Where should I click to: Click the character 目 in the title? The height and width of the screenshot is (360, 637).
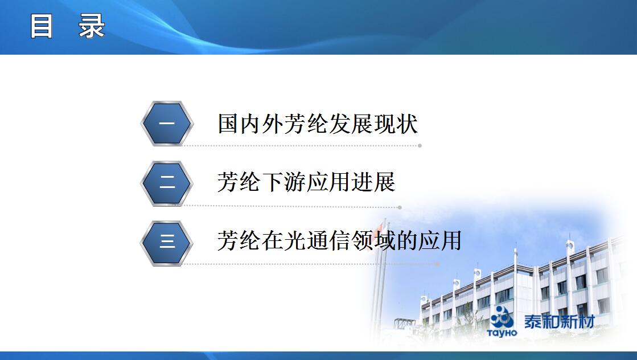[x=42, y=26]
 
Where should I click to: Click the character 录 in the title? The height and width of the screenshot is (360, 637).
[x=92, y=26]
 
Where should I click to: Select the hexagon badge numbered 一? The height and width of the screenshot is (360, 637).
[x=167, y=124]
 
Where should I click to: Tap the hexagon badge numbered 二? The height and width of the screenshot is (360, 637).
[x=167, y=183]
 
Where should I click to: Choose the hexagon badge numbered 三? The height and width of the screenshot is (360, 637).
[x=167, y=243]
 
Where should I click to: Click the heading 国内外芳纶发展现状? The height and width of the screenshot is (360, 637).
[x=318, y=124]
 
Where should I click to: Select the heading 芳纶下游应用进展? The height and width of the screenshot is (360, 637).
[x=306, y=182]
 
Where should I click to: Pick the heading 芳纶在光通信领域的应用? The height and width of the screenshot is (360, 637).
[x=340, y=240]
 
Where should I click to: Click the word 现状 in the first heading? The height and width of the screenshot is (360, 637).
[x=396, y=124]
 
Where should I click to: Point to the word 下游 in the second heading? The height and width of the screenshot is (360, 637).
[x=284, y=182]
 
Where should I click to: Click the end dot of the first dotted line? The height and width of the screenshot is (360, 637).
[x=420, y=145]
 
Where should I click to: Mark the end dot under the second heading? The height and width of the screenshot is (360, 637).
[x=400, y=207]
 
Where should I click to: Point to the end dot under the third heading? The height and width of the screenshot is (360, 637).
[x=438, y=264]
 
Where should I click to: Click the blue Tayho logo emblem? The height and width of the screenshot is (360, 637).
[x=502, y=317]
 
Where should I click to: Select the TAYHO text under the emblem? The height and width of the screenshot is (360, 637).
[x=502, y=333]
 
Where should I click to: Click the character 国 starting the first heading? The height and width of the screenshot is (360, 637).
[x=228, y=124]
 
